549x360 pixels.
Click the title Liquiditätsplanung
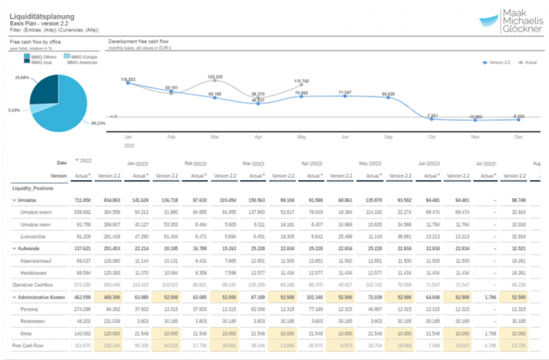point(43,14)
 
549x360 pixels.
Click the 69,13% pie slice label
point(99,123)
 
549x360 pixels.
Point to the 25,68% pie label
point(21,77)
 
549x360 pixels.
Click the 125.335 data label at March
point(214,76)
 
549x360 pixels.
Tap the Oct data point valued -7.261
point(432,116)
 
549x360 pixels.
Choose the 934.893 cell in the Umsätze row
point(109,201)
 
